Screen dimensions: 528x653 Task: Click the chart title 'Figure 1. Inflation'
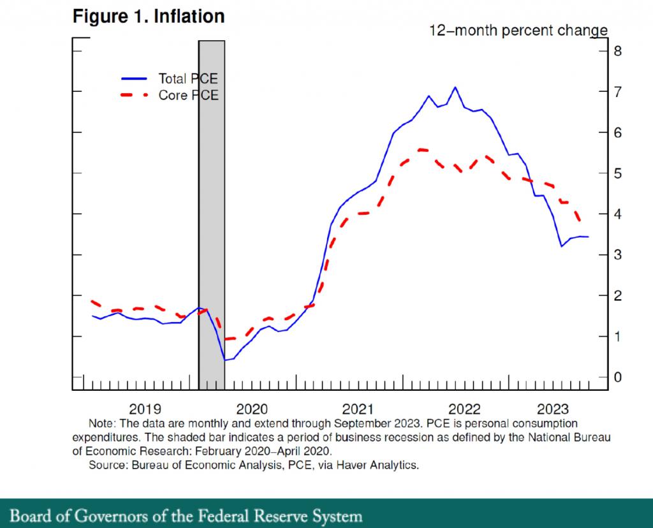(x=149, y=17)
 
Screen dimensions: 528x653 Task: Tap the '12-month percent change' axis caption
(x=518, y=31)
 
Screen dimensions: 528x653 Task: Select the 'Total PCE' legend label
(x=188, y=79)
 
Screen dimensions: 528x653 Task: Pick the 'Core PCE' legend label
(x=188, y=96)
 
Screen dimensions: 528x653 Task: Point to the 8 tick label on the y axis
(x=617, y=51)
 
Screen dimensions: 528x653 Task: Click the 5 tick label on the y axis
(x=617, y=173)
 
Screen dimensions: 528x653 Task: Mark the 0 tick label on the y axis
(x=617, y=378)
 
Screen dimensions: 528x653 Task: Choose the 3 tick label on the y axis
(x=617, y=255)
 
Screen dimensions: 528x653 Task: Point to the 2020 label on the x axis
(x=251, y=409)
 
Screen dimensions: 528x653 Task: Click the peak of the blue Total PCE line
(x=455, y=87)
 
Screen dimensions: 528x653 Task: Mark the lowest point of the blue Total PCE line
(x=224, y=360)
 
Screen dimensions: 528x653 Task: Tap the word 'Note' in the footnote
(x=100, y=423)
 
